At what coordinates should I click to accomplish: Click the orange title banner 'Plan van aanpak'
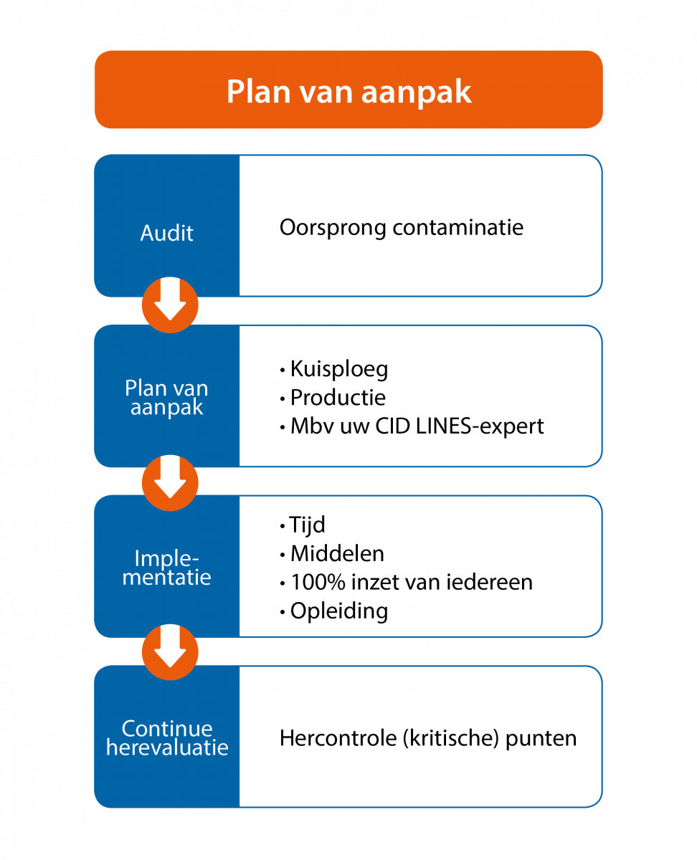(348, 90)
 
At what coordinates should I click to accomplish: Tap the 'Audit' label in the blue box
(167, 233)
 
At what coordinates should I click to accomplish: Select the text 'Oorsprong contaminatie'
(402, 228)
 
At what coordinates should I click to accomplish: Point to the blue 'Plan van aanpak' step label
(166, 397)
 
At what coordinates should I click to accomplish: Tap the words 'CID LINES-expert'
(460, 426)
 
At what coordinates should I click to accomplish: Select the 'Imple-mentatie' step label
(166, 568)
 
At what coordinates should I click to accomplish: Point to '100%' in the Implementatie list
(318, 583)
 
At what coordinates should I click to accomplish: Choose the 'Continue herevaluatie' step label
(167, 737)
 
